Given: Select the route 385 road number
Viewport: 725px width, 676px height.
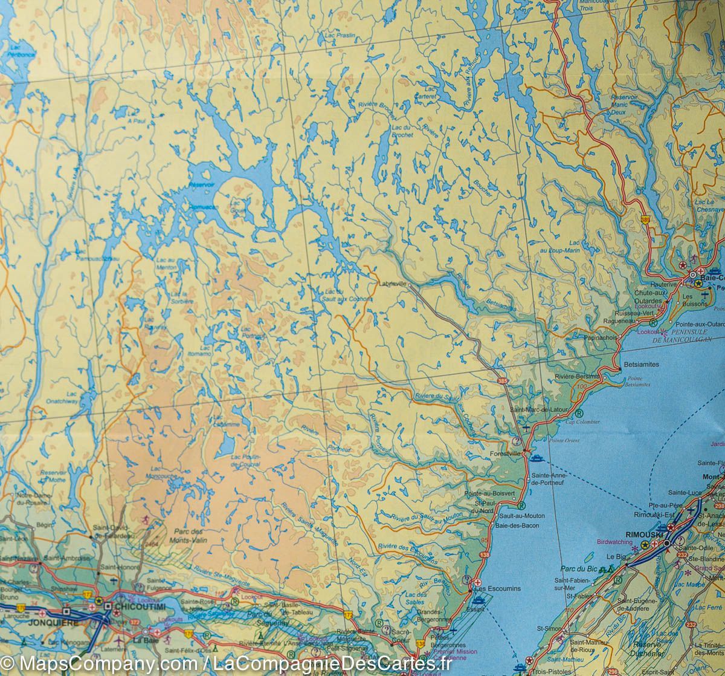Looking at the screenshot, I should [x=503, y=380].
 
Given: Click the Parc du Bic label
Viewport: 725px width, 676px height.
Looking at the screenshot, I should [x=578, y=568].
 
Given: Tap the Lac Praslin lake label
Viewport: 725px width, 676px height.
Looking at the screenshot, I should [x=340, y=36].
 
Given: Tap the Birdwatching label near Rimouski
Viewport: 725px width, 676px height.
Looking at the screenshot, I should [x=615, y=542].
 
